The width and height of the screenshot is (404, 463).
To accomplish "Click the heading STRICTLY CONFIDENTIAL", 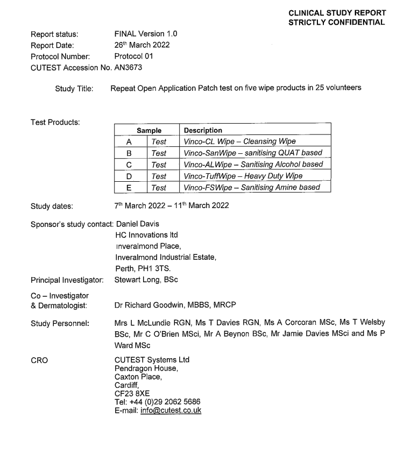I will [337, 22].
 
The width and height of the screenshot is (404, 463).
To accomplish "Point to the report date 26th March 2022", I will [142, 45].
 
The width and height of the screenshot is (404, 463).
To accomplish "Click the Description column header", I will [203, 130].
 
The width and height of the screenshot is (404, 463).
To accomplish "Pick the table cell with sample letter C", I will [129, 165].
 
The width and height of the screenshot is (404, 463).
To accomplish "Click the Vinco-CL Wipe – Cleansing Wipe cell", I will [239, 141].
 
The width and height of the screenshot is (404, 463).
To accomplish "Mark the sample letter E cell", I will [129, 187].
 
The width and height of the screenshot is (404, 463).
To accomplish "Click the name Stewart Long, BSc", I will [146, 279].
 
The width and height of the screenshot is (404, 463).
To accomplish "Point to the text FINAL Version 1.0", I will [146, 34].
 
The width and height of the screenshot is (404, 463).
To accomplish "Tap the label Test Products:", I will [55, 123].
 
